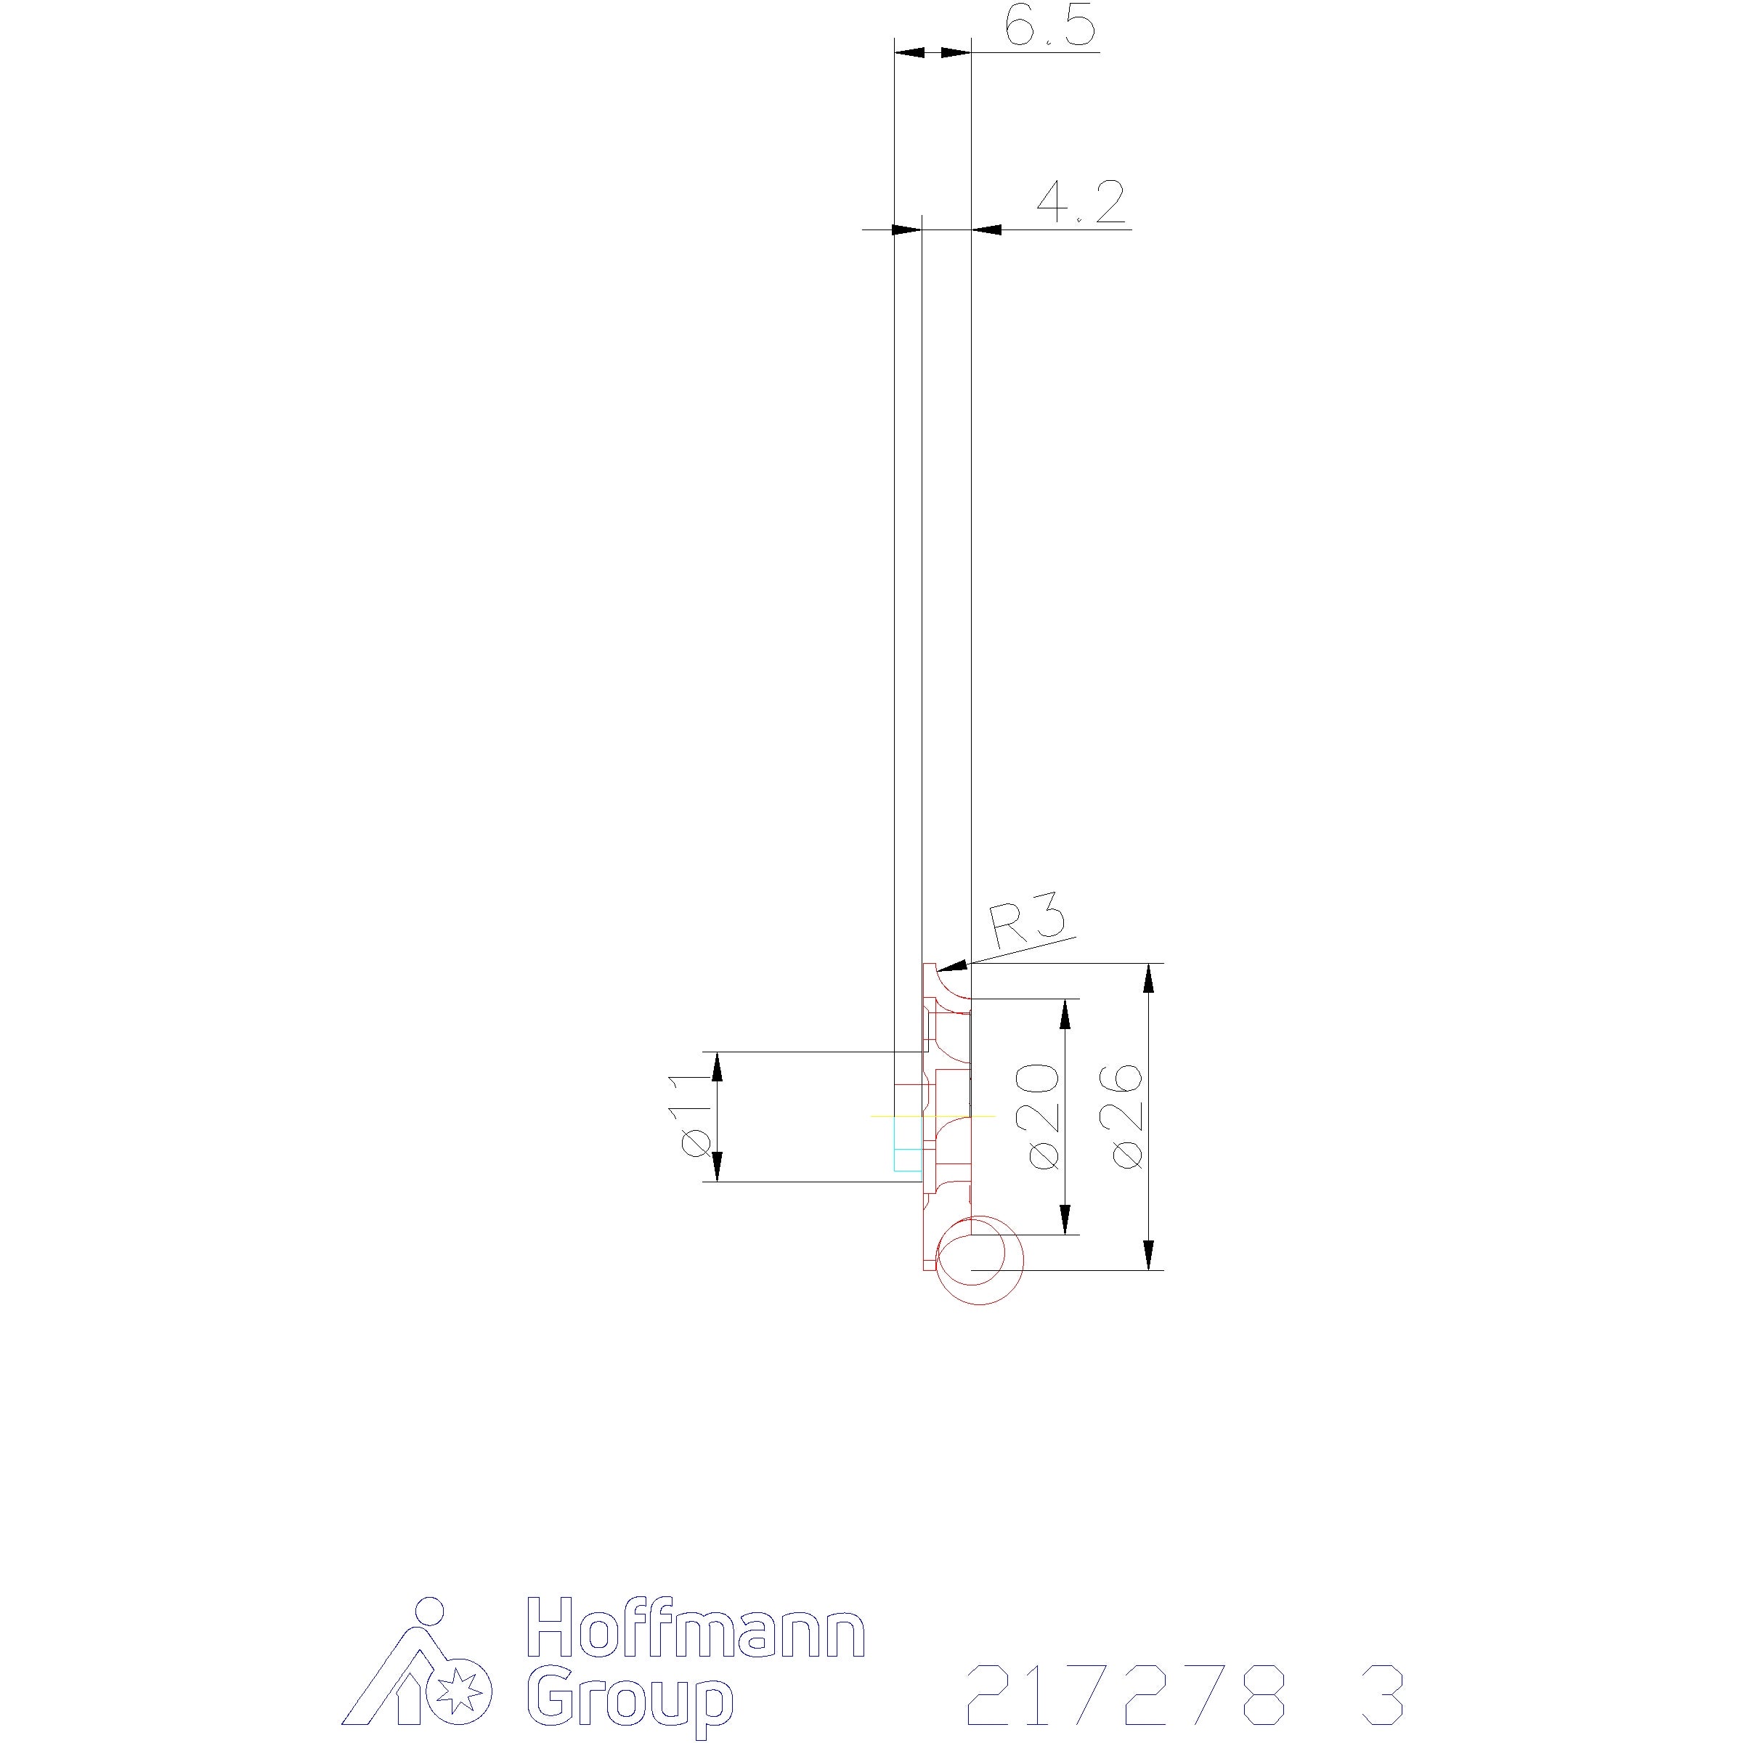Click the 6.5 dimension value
pos(1050,26)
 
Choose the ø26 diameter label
pos(1128,1117)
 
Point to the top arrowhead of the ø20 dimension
pos(1065,1016)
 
